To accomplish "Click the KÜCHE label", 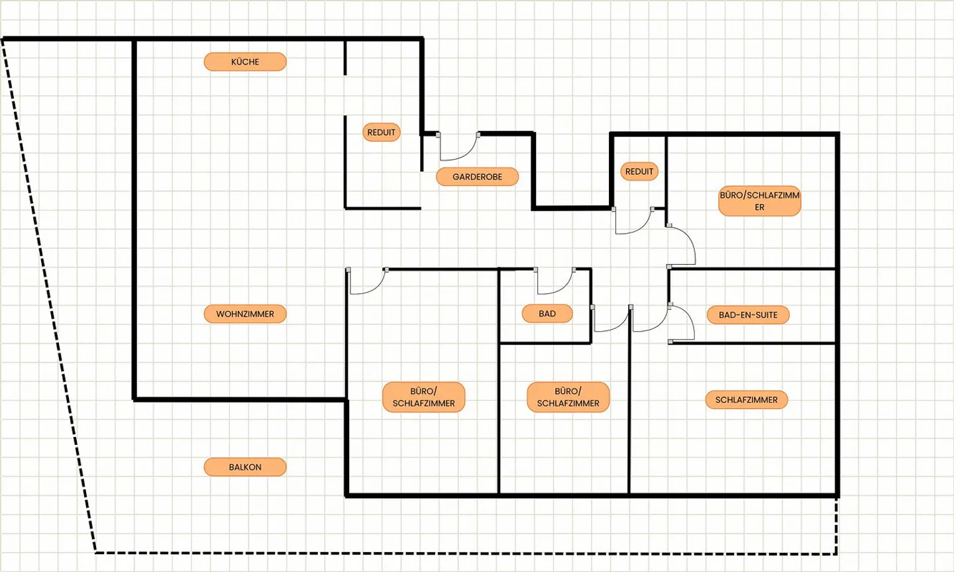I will click(245, 62).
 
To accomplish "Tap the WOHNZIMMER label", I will click(245, 314).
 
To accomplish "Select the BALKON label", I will click(245, 467).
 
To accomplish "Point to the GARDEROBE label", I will click(477, 177).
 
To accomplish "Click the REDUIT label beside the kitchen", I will click(381, 132).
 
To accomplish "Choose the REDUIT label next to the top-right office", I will click(639, 171).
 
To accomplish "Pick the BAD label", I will click(547, 313).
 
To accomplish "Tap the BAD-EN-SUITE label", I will click(748, 314).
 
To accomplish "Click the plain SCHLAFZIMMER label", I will click(746, 400).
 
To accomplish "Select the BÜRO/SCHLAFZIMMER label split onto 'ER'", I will click(759, 201).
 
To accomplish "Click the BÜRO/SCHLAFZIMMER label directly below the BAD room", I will click(568, 397).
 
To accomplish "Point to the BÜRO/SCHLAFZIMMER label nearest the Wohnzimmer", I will click(423, 397).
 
